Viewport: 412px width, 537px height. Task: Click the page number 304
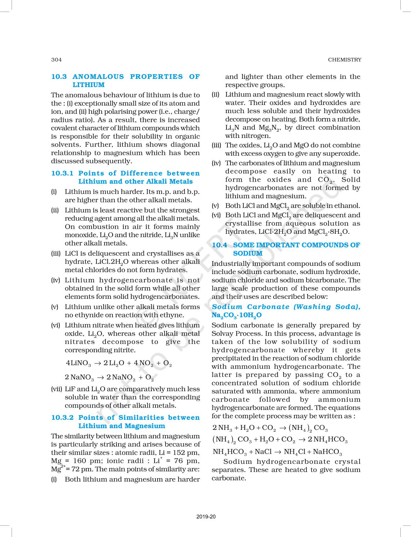coord(57,60)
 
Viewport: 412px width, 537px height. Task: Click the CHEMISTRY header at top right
coord(344,60)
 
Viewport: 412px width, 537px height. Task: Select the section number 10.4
coord(220,245)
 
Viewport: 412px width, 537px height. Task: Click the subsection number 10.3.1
coord(62,173)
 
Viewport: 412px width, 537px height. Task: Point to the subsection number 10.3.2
coord(62,418)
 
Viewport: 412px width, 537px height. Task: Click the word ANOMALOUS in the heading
coord(98,77)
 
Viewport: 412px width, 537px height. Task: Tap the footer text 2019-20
coord(206,517)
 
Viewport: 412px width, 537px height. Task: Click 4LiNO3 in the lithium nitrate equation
coord(78,364)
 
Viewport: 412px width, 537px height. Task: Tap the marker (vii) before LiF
coord(57,389)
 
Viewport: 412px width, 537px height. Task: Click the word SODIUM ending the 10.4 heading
coord(248,253)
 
